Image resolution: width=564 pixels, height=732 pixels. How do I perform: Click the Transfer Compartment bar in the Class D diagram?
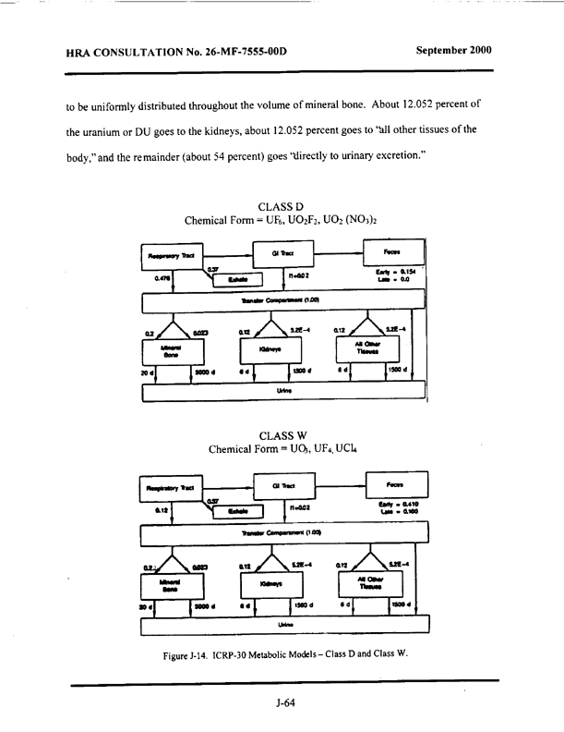(282, 301)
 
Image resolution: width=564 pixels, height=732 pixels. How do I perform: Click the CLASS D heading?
(282, 204)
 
